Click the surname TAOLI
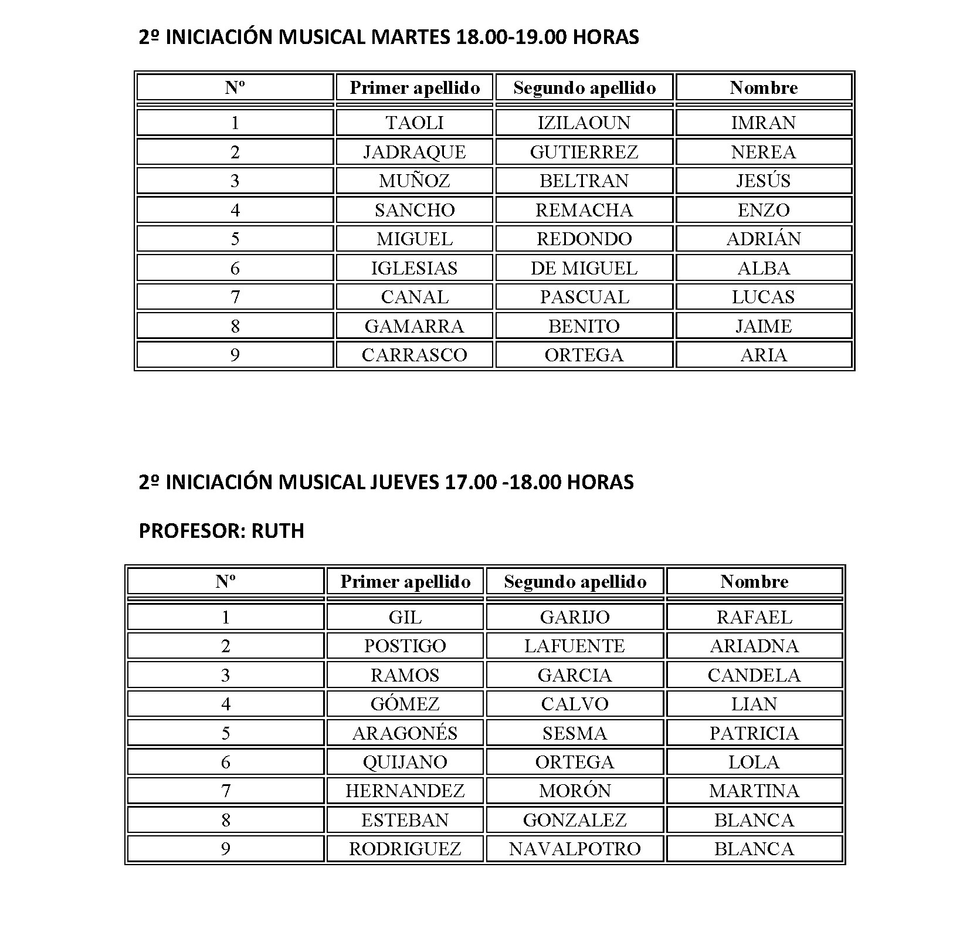pos(414,123)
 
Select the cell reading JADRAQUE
pos(414,152)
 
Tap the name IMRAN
pos(763,123)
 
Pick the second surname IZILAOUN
pos(584,123)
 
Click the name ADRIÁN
pos(763,239)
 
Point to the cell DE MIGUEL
pos(584,268)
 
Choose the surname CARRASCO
pos(414,355)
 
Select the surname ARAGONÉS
pos(405,733)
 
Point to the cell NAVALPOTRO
pos(575,849)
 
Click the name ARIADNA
pos(754,646)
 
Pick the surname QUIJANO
pos(405,762)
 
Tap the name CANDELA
pos(754,675)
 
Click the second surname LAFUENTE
pos(575,646)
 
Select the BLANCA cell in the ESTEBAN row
pos(754,820)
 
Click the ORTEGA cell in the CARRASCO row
pos(584,355)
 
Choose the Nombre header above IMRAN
pos(763,88)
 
